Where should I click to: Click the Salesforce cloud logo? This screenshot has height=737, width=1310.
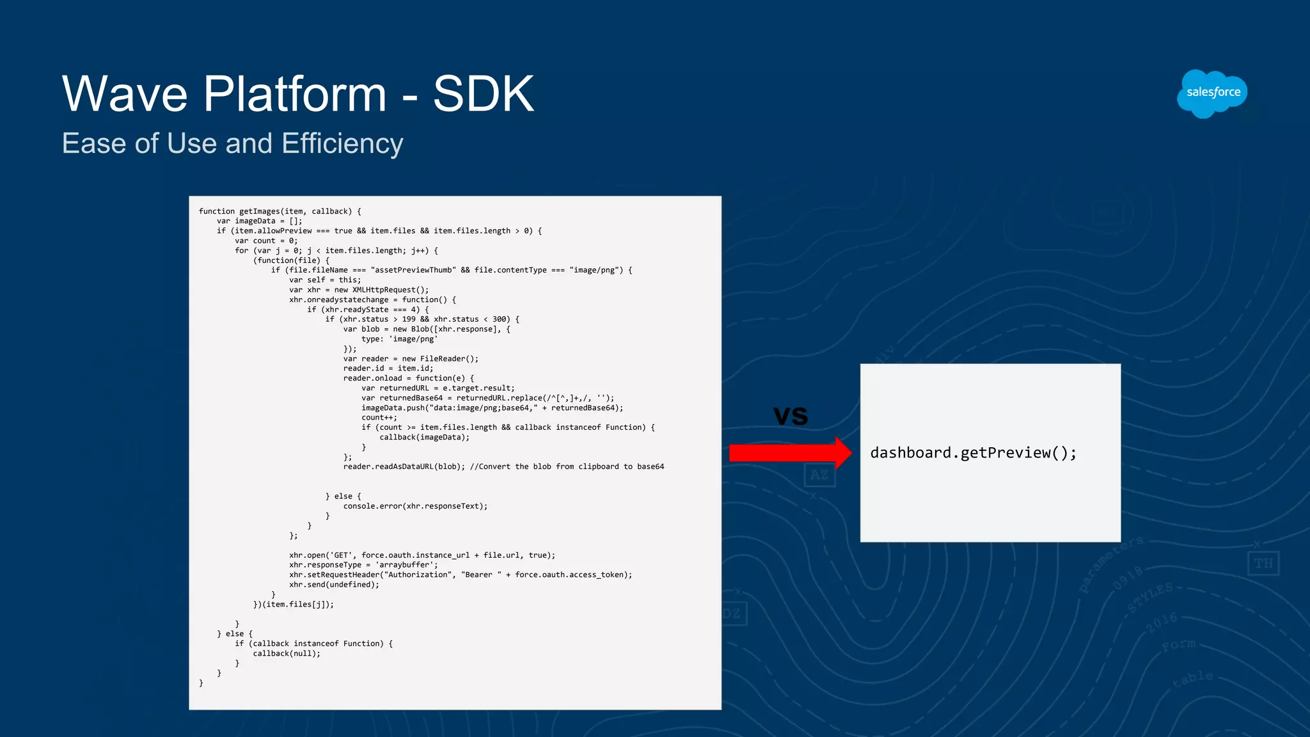(x=1212, y=93)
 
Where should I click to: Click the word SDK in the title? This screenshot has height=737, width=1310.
(x=484, y=94)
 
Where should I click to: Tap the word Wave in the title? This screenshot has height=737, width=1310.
(x=125, y=94)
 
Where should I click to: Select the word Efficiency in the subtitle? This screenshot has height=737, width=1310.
(x=342, y=143)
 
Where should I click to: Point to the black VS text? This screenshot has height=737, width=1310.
(x=791, y=416)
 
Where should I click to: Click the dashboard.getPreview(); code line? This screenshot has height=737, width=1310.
(x=973, y=453)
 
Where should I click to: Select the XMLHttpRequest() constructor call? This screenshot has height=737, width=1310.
(x=390, y=290)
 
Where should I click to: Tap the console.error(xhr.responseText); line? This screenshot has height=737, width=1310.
(x=415, y=506)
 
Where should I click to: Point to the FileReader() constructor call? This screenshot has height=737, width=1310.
(x=449, y=359)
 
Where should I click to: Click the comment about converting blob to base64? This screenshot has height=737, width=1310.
(x=567, y=466)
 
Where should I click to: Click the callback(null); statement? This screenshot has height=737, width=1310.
(x=287, y=653)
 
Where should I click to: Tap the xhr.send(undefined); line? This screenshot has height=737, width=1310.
(x=334, y=585)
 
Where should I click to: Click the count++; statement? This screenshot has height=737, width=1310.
(x=379, y=418)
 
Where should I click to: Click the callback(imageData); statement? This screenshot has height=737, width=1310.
(x=424, y=438)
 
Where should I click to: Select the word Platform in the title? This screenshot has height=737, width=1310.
(x=295, y=94)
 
